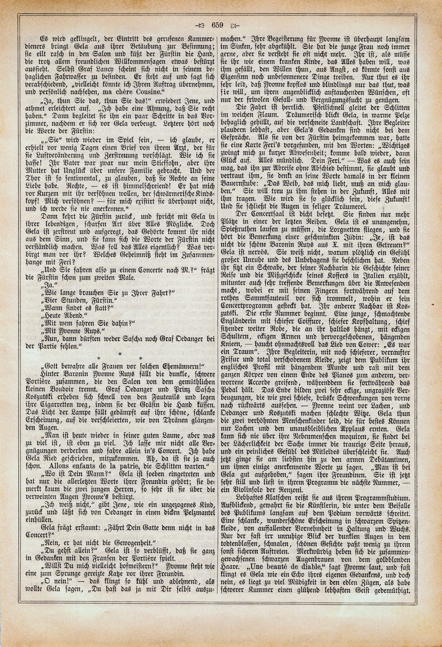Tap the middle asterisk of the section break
[x=120, y=354]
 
